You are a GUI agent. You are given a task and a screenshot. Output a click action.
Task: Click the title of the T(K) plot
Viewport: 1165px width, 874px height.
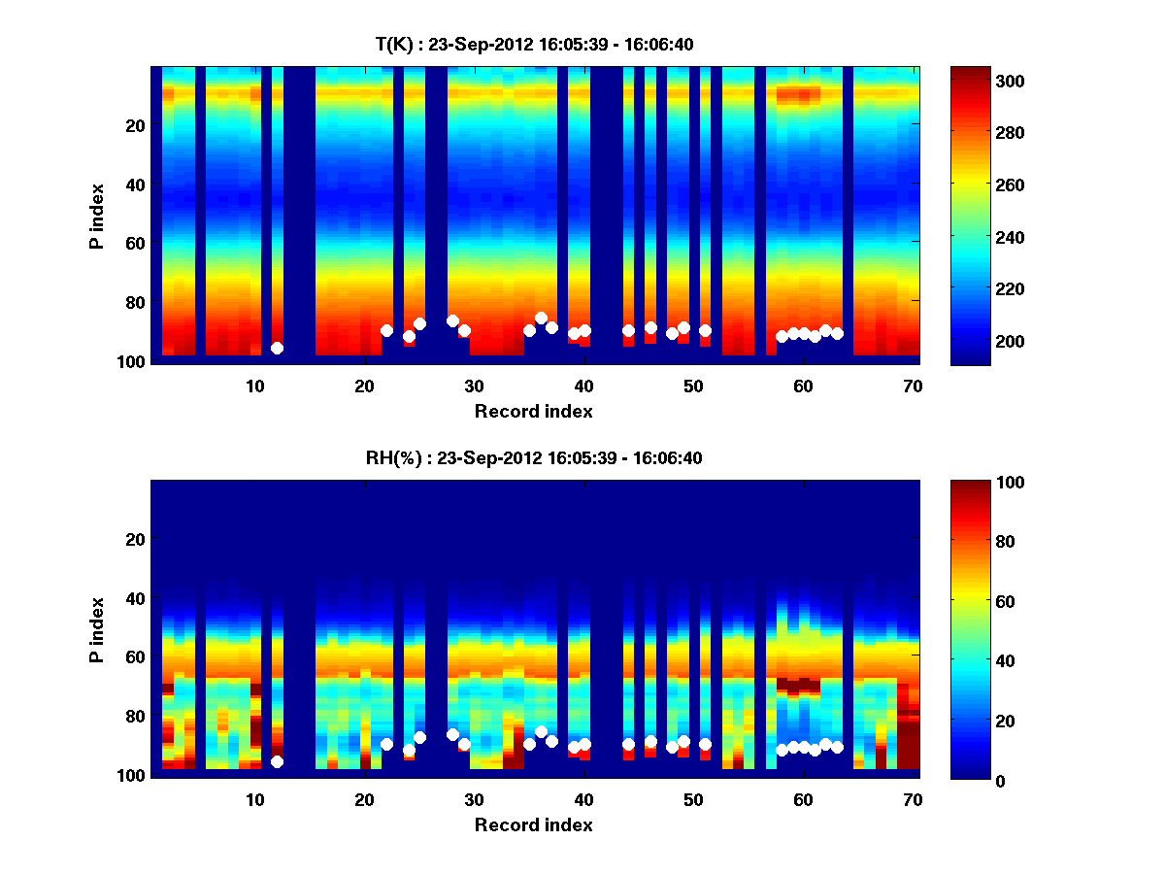tap(534, 44)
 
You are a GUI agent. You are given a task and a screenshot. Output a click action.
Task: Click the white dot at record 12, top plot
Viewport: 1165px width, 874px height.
tap(277, 348)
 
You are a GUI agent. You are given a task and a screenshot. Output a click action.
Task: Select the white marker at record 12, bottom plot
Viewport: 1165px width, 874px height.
tap(277, 762)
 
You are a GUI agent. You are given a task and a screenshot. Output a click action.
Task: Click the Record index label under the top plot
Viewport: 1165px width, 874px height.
tap(534, 411)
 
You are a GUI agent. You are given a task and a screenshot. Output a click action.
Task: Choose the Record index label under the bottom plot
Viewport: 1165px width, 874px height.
tap(534, 824)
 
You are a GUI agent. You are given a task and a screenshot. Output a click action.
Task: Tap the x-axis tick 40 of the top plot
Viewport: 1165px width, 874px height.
tap(583, 385)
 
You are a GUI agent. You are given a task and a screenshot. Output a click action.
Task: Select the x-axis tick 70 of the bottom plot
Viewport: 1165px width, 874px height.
tap(913, 798)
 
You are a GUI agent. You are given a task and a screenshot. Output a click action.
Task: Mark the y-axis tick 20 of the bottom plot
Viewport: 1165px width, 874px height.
tap(135, 539)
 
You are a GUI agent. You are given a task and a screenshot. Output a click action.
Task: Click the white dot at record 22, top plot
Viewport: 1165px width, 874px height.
tap(386, 330)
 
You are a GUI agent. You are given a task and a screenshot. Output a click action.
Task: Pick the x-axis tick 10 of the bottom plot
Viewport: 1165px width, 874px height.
tap(254, 798)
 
